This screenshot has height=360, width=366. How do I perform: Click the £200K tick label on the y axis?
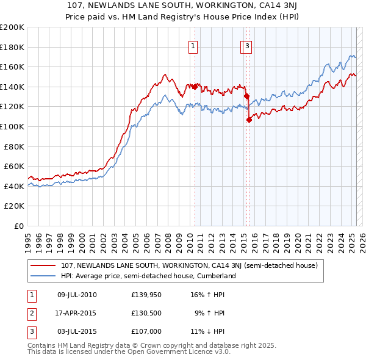pos(12,27)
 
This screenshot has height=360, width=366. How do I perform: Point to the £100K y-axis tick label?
pos(12,126)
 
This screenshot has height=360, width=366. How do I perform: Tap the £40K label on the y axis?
pos(14,186)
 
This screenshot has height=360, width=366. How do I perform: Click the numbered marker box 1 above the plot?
pos(193,45)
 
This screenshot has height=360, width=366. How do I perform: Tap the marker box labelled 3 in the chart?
pos(248,45)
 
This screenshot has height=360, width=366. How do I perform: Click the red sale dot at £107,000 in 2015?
pos(249,120)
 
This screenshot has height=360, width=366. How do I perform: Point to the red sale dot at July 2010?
pos(195,87)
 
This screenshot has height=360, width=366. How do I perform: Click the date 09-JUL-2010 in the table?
pos(77,295)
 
